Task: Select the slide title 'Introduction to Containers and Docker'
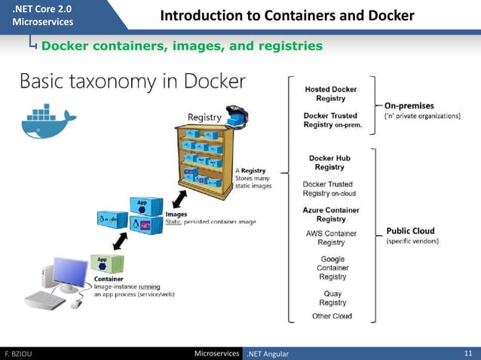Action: click(287, 16)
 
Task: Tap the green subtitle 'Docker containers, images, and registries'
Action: click(182, 46)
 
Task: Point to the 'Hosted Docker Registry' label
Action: click(330, 93)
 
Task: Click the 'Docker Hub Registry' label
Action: click(329, 163)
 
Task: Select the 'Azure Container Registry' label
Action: click(330, 214)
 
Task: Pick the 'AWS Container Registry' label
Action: click(330, 238)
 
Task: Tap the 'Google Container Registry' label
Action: click(332, 267)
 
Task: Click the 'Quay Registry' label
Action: click(332, 298)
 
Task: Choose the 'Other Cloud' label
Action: click(332, 316)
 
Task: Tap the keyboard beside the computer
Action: click(47, 301)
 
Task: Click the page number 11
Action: click(467, 353)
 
